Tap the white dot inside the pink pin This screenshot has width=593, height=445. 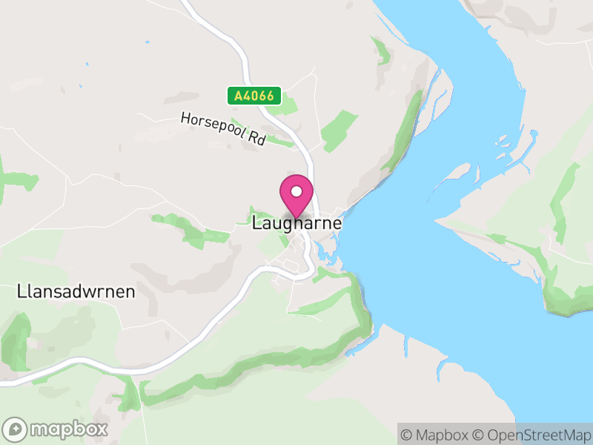click(296, 192)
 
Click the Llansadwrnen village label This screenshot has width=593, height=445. click(76, 291)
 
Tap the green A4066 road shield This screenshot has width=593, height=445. click(254, 96)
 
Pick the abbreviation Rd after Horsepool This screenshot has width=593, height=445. click(256, 139)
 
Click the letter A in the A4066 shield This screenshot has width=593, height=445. click(239, 96)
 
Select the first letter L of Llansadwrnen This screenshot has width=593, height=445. click(20, 291)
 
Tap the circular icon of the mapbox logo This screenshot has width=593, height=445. click(16, 429)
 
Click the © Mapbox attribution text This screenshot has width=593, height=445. click(434, 435)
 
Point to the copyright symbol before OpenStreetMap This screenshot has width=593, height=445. click(478, 435)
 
